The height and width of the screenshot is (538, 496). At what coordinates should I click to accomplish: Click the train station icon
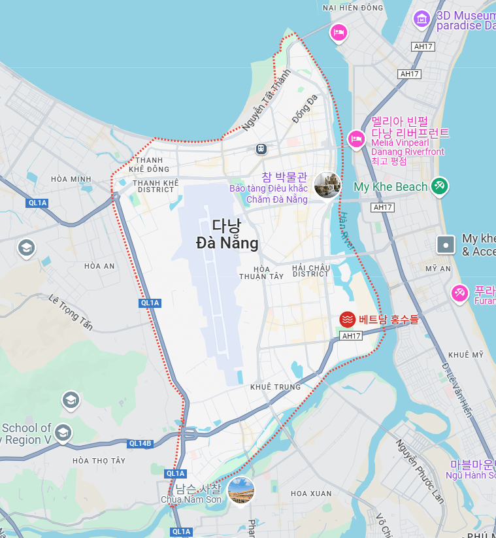click(x=261, y=149)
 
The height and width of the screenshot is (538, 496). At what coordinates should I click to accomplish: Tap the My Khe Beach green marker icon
click(x=439, y=186)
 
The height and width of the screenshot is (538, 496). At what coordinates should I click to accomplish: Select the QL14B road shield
click(x=141, y=443)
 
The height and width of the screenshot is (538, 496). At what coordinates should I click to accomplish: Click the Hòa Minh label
click(x=71, y=179)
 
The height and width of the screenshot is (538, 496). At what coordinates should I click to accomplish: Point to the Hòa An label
click(x=99, y=266)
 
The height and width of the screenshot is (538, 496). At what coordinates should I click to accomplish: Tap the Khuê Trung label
click(x=275, y=387)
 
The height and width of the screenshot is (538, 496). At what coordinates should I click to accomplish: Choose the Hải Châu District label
click(x=311, y=271)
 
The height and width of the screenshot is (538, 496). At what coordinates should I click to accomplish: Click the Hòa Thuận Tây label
click(x=261, y=273)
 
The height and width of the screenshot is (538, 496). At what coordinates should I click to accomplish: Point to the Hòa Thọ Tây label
click(x=99, y=460)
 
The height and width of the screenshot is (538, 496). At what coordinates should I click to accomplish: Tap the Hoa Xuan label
click(x=311, y=493)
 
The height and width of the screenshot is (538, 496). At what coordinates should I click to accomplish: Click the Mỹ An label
click(x=438, y=269)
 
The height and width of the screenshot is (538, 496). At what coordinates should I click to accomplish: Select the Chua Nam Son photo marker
click(x=241, y=490)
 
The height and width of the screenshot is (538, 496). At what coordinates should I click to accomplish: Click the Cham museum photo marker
click(x=327, y=186)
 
